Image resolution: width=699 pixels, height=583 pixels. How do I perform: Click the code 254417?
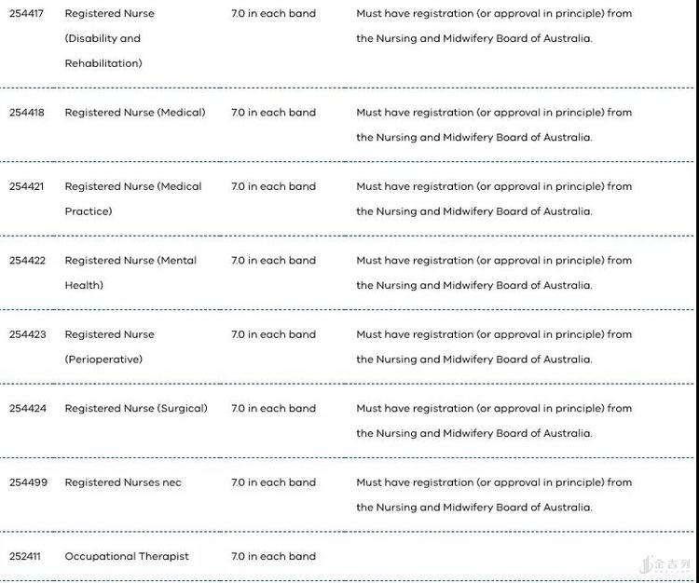pyautogui.click(x=27, y=14)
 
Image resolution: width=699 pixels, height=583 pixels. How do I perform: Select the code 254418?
pyautogui.click(x=27, y=113)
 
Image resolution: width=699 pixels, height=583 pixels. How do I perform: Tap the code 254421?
pyautogui.click(x=27, y=186)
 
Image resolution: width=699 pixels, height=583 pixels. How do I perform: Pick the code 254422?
pyautogui.click(x=27, y=261)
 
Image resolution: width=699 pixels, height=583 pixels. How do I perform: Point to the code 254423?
pyautogui.click(x=27, y=334)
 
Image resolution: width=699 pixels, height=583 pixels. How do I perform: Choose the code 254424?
pyautogui.click(x=27, y=409)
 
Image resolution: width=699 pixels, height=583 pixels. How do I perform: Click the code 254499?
pyautogui.click(x=27, y=482)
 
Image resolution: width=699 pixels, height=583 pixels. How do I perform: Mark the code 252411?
pyautogui.click(x=25, y=557)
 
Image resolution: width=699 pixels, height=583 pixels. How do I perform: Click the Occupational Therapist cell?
pyautogui.click(x=127, y=557)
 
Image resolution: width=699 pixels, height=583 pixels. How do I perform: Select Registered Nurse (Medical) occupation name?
pyautogui.click(x=135, y=113)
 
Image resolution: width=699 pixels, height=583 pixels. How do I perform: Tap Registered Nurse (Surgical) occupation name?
pyautogui.click(x=136, y=409)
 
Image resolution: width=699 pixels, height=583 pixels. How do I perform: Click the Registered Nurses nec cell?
pyautogui.click(x=123, y=482)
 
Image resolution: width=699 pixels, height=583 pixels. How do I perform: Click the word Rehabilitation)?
pyautogui.click(x=103, y=63)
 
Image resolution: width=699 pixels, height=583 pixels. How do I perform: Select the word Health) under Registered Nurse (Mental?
pyautogui.click(x=84, y=286)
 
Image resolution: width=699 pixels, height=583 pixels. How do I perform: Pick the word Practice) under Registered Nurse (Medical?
pyautogui.click(x=89, y=211)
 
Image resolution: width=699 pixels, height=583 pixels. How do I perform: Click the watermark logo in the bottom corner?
pyautogui.click(x=665, y=564)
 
